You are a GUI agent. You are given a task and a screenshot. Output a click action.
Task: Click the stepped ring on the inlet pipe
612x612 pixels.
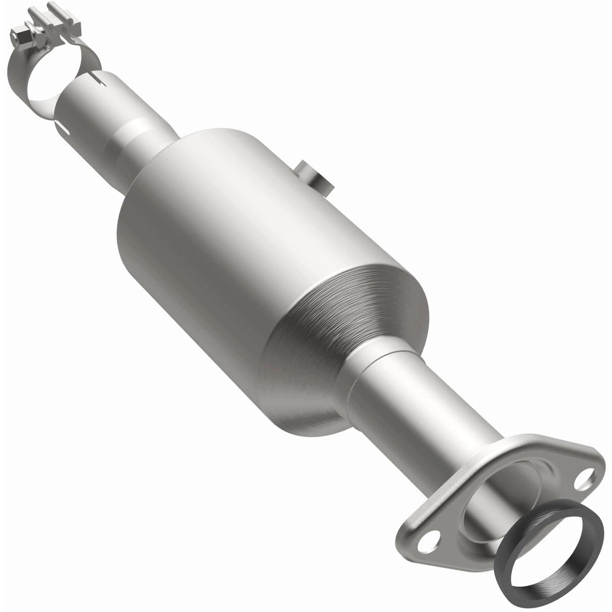coord(126,136)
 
